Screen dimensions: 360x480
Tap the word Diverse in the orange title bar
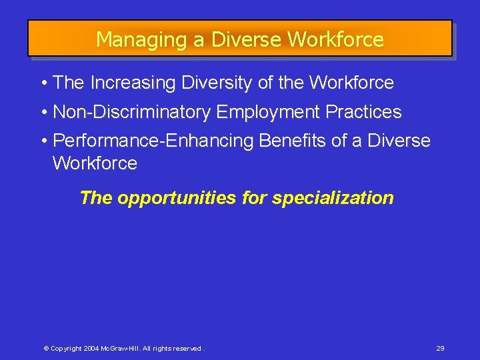pyautogui.click(x=246, y=40)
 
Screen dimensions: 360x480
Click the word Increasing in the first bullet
pyautogui.click(x=130, y=83)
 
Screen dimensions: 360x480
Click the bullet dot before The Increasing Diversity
pyautogui.click(x=43, y=83)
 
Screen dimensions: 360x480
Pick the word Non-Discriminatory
pyautogui.click(x=131, y=112)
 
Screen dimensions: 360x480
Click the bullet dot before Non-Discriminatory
pyautogui.click(x=43, y=112)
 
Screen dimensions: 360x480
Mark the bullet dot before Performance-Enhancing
pyautogui.click(x=43, y=141)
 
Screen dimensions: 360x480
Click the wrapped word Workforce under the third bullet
pyautogui.click(x=95, y=163)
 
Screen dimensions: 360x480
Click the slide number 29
pyautogui.click(x=440, y=349)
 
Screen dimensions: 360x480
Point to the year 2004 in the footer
pyautogui.click(x=92, y=349)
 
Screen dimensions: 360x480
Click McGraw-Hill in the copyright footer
pyautogui.click(x=120, y=349)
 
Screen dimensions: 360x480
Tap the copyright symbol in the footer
pyautogui.click(x=46, y=349)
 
